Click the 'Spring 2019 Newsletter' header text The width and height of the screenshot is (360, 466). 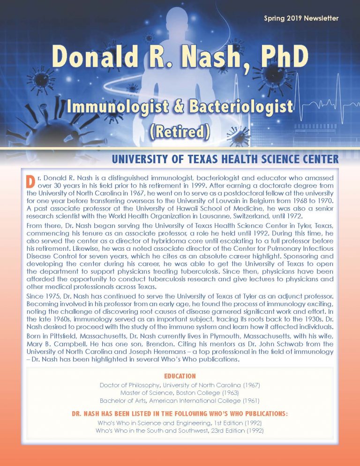tap(301, 19)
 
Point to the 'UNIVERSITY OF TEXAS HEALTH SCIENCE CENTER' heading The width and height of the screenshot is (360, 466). tap(225, 160)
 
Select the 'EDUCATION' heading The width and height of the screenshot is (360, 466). tap(180, 376)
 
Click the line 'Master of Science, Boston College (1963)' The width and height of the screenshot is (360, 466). tap(180, 392)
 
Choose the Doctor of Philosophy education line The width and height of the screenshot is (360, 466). tap(180, 385)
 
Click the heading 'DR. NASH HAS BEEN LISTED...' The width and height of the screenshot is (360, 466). tap(180, 414)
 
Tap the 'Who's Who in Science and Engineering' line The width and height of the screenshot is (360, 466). tap(180, 423)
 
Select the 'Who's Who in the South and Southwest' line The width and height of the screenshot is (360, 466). tap(180, 430)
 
